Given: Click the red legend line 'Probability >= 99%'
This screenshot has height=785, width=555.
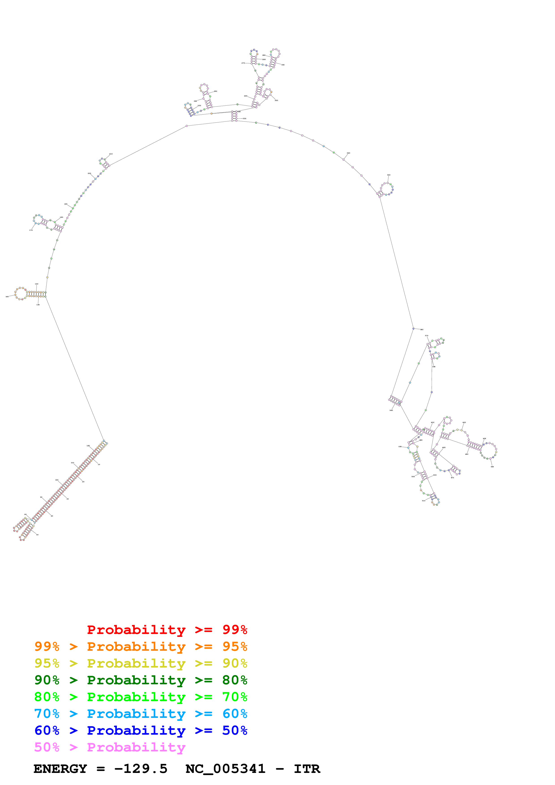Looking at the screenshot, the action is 167,630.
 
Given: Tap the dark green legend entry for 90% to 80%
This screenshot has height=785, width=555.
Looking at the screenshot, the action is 141,680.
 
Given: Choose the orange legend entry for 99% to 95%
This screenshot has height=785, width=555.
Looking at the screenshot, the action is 141,646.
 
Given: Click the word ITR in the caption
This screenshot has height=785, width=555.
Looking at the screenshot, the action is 307,769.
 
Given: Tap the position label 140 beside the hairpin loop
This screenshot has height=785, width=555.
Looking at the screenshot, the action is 7,297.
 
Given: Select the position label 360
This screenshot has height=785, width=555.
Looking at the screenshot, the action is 422,330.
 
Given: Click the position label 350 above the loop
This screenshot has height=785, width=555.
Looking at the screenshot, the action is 388,175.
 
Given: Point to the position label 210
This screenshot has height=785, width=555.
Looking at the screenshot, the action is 111,154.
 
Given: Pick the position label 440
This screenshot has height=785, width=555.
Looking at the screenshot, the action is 492,467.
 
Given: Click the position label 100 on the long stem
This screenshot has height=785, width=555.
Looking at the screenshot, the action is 57,480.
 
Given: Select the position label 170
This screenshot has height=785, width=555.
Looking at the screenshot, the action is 31,230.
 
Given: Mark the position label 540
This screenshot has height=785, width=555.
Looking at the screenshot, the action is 391,410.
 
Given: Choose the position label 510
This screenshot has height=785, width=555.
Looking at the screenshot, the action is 424,501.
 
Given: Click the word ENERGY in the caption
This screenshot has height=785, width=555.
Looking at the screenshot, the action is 60,769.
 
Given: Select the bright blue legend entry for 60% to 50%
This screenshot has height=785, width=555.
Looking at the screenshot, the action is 141,731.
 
